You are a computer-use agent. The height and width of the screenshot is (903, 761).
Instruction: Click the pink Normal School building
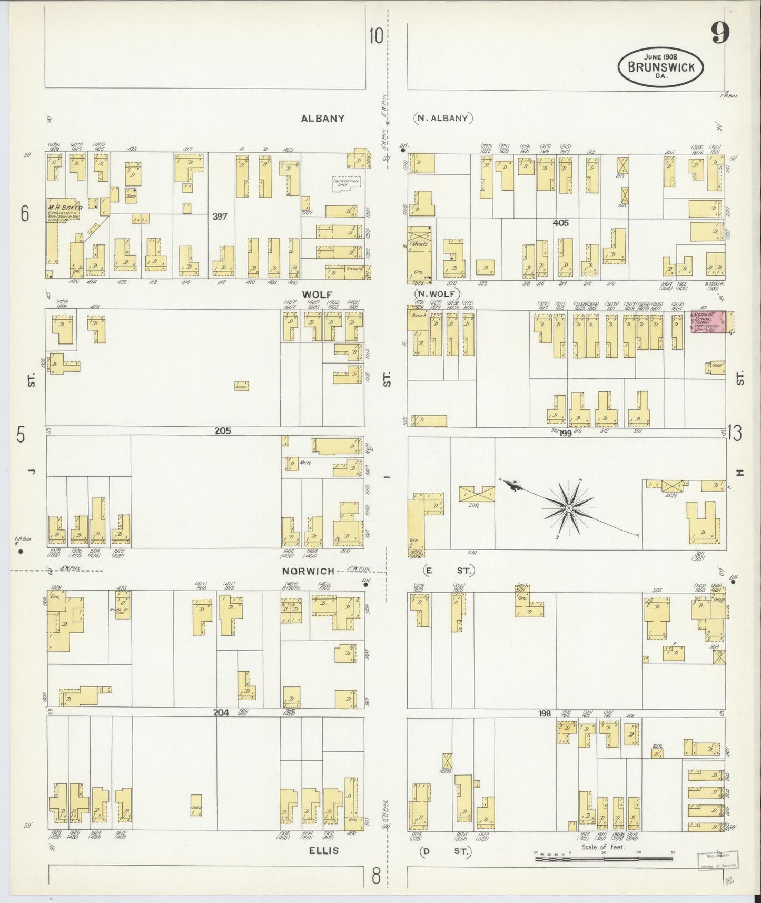(707, 321)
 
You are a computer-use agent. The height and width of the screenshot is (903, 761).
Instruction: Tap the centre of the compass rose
(569, 508)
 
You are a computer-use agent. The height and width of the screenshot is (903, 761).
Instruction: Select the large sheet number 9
(720, 34)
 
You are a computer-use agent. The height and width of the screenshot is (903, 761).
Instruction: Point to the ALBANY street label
(323, 119)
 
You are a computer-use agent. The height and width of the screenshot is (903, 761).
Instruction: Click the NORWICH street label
(308, 571)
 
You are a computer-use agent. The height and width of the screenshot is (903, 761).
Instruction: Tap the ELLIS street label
(324, 850)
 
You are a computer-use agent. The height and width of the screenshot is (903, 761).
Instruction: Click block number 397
(220, 216)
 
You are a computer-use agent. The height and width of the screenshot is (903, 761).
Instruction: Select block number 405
(561, 223)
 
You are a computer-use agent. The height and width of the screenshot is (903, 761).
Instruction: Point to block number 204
(221, 712)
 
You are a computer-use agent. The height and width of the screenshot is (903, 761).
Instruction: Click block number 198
(545, 713)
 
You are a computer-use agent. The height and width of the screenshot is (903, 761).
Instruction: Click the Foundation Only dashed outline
(346, 184)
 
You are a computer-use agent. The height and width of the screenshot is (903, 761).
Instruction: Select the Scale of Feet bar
(604, 859)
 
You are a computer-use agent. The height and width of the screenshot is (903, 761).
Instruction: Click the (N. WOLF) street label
(437, 293)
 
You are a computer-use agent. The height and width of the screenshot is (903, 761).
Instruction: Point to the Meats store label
(420, 244)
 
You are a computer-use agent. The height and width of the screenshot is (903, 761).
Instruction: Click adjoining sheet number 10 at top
(375, 36)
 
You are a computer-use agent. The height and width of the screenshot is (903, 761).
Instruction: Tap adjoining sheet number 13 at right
(735, 433)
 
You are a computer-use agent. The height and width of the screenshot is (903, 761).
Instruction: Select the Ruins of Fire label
(120, 612)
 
